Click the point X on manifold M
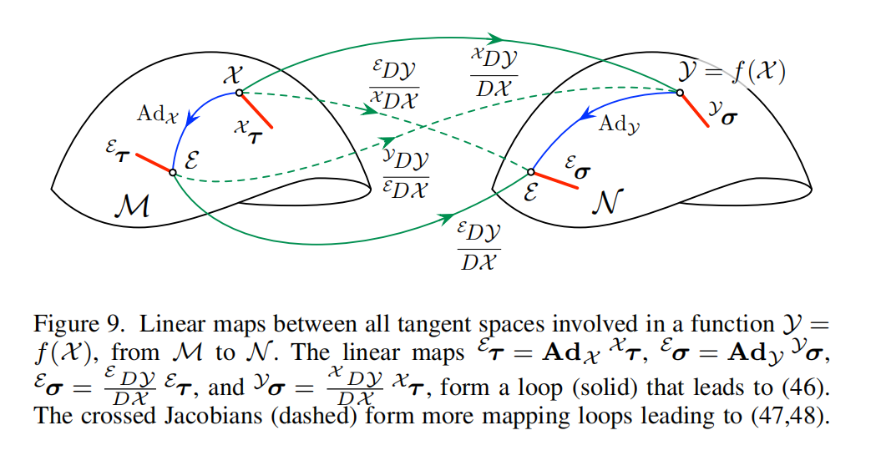tap(239, 92)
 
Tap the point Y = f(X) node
tap(680, 92)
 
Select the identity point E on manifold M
tap(172, 172)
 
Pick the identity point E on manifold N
tap(530, 172)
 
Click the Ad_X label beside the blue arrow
tap(159, 115)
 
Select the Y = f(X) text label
tap(735, 73)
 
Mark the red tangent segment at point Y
tap(695, 109)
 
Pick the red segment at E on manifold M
tap(153, 163)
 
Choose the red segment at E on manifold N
tap(554, 180)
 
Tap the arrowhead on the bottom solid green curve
tap(443, 221)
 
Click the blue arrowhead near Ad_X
tap(190, 120)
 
